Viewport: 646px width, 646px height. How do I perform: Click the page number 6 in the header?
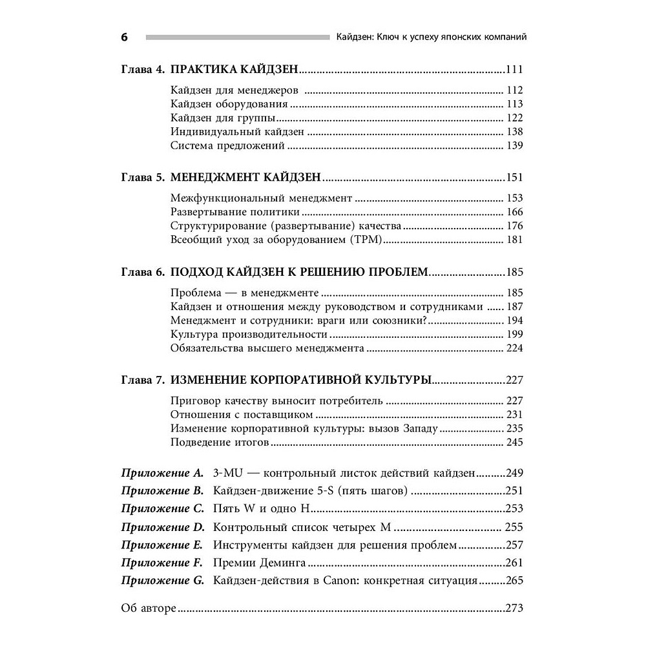point(125,37)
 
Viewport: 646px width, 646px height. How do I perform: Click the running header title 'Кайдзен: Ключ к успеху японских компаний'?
point(431,37)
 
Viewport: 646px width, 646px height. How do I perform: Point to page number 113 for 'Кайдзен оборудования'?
point(514,104)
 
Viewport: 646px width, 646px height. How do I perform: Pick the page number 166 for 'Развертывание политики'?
point(514,212)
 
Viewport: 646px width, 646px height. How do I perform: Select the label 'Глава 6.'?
point(142,272)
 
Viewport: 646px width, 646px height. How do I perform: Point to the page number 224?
point(514,348)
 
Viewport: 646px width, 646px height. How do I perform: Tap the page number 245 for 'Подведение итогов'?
point(514,443)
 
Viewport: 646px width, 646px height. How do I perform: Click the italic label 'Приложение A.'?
point(162,474)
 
